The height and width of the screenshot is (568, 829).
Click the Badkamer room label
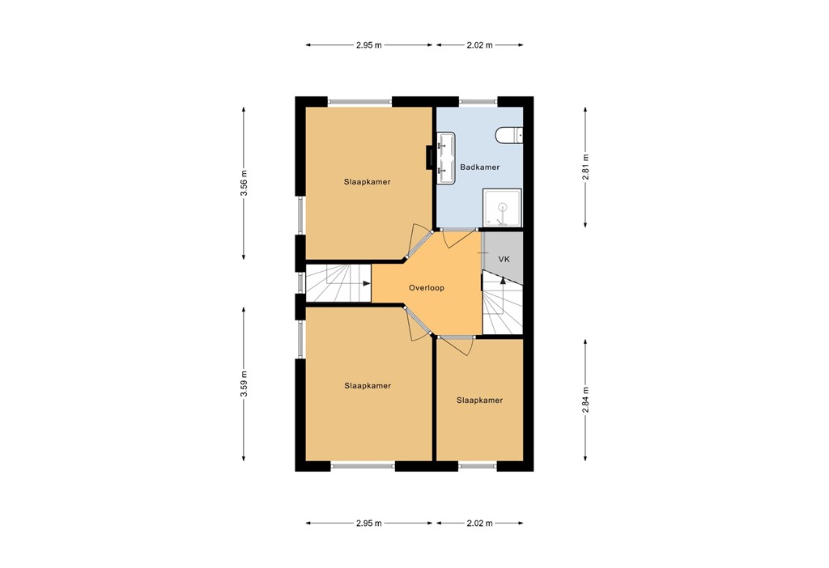point(479,167)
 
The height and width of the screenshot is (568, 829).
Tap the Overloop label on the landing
point(427,287)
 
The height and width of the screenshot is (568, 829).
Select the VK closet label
point(504,259)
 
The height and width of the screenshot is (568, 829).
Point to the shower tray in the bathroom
point(502,209)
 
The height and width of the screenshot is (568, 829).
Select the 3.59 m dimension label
point(244,384)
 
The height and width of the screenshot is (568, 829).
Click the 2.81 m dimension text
point(585,167)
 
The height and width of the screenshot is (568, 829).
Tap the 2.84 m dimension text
point(585,400)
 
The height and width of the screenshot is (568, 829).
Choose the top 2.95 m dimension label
point(369,45)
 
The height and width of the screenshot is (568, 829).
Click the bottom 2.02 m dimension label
point(479,523)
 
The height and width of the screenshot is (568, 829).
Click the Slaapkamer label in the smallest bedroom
point(479,400)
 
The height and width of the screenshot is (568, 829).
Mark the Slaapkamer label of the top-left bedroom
point(367,182)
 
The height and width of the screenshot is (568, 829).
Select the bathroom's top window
point(478,101)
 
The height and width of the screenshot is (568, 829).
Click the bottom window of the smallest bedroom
point(478,465)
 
